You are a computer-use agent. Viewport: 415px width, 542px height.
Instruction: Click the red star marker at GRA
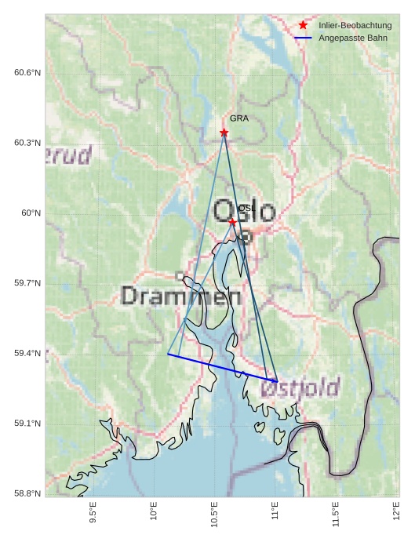(x=224, y=133)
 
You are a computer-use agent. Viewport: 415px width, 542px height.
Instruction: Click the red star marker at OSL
(x=232, y=223)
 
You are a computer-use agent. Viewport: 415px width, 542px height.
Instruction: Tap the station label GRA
(x=238, y=118)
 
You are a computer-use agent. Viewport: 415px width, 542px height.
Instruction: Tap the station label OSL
(x=245, y=208)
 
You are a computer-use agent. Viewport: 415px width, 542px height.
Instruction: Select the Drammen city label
(x=181, y=296)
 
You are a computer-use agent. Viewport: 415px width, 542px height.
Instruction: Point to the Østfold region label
(x=300, y=387)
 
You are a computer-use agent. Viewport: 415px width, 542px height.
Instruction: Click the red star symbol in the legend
(x=303, y=26)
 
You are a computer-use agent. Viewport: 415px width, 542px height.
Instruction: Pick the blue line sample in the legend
(x=303, y=38)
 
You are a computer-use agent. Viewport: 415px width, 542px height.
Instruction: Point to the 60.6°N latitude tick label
(x=27, y=73)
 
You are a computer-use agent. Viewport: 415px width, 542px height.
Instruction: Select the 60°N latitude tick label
(x=31, y=213)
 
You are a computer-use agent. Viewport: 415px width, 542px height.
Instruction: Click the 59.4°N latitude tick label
(x=27, y=354)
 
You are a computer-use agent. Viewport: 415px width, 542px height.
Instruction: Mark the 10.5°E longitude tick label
(x=214, y=515)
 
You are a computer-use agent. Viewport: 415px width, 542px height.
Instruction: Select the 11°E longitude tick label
(x=275, y=513)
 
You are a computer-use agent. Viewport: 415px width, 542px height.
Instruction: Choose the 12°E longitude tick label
(x=397, y=513)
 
